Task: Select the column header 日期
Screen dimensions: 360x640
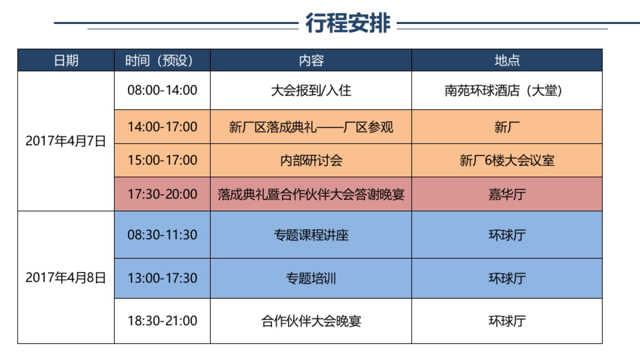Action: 66,60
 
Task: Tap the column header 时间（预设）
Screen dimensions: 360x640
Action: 162,60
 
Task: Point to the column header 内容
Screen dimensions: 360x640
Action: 311,60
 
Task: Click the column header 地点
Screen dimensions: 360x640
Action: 507,60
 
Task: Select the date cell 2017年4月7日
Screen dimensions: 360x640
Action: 66,141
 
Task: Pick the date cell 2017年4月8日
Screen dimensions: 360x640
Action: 66,278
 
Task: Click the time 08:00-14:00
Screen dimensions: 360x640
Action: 162,90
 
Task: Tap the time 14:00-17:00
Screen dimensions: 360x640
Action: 162,127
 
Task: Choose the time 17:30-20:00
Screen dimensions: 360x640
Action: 162,194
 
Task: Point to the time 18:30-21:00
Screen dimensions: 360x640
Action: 162,321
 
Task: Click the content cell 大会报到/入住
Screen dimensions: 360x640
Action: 311,90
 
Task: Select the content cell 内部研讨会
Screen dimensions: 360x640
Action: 311,161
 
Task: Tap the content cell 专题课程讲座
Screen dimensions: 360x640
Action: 311,235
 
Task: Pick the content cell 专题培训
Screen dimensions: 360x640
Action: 311,278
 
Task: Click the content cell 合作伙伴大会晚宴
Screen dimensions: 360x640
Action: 311,321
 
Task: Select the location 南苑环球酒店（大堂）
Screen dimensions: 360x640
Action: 507,90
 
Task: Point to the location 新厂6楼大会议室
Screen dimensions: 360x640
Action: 507,161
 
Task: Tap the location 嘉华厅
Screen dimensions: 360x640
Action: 507,194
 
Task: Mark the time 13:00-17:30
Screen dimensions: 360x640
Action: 162,278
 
